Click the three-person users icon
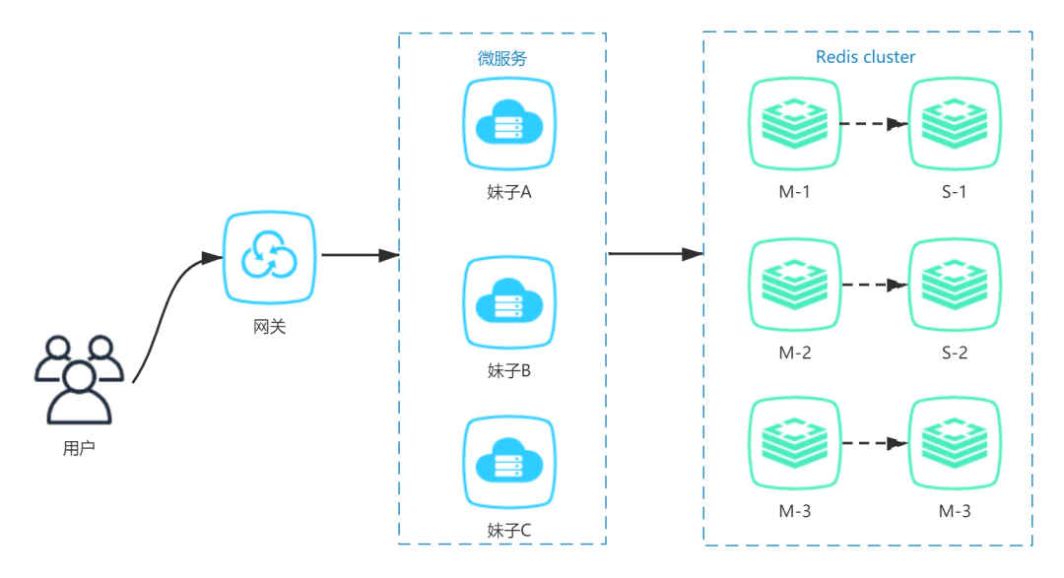click(x=79, y=379)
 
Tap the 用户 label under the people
click(x=79, y=449)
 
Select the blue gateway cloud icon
click(x=269, y=256)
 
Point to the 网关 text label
click(x=269, y=326)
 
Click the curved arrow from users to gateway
click(x=167, y=305)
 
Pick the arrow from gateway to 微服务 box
click(x=359, y=255)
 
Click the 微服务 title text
click(x=502, y=59)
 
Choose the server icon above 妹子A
click(x=508, y=124)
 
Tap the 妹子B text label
click(x=509, y=371)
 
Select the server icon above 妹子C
click(x=508, y=463)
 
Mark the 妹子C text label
click(x=509, y=531)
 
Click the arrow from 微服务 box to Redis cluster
click(x=654, y=255)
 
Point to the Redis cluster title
click(x=865, y=57)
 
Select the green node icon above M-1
click(x=795, y=124)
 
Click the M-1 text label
click(x=795, y=192)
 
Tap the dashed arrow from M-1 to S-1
click(x=873, y=124)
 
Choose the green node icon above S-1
click(x=954, y=124)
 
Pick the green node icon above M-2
click(x=795, y=285)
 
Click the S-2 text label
click(x=954, y=353)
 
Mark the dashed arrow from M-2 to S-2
click(x=873, y=285)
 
